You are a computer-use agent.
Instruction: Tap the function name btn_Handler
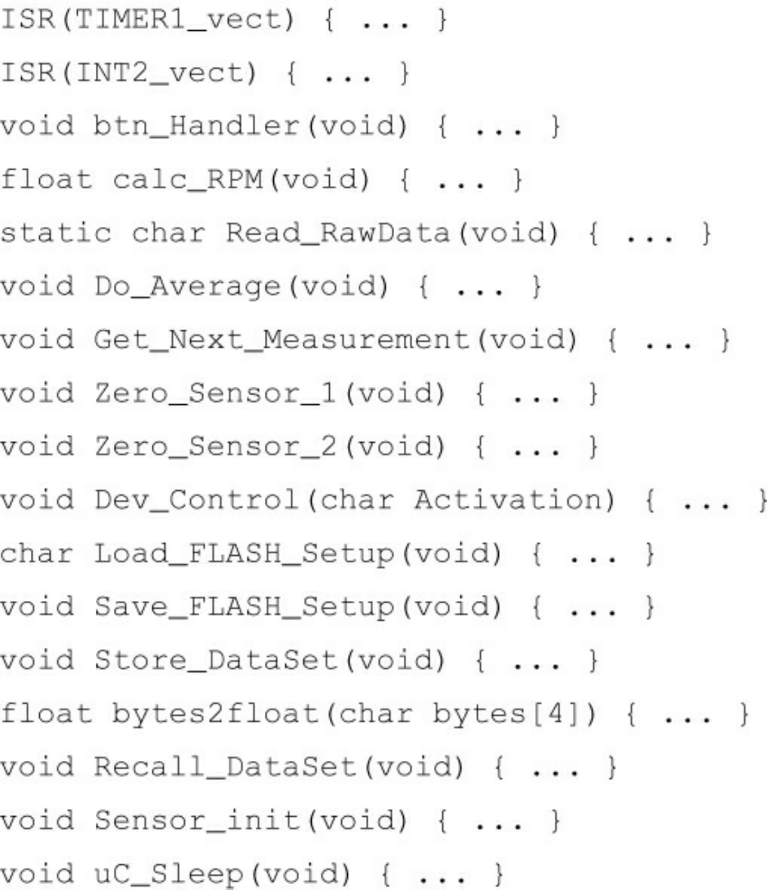coord(196,126)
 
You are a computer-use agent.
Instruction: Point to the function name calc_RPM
coord(187,179)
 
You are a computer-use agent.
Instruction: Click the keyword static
coord(55,233)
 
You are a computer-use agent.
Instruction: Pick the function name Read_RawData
coord(337,233)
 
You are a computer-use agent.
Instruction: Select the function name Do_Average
coord(187,286)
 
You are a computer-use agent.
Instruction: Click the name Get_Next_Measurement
coord(282,339)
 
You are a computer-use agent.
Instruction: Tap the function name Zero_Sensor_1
coord(215,393)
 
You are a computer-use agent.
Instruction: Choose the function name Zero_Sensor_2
coord(215,446)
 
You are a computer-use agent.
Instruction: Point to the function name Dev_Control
coord(196,499)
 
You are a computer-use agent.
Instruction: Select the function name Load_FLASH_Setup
coord(244,553)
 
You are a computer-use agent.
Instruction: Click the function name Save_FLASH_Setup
coord(244,606)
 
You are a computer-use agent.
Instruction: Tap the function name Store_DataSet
coord(215,659)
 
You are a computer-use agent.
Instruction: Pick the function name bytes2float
coord(215,713)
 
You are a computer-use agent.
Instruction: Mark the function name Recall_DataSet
coord(224,767)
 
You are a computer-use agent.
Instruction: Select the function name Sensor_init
coord(196,820)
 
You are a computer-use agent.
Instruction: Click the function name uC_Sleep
coord(168,873)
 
